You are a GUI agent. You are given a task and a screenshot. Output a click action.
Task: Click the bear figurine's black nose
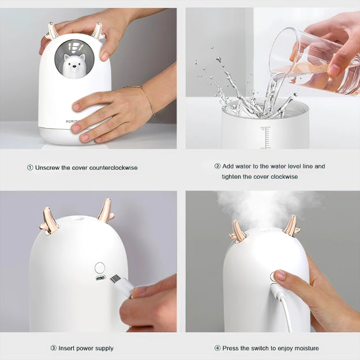point(74,66)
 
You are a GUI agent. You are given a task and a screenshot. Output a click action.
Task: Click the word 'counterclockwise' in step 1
point(114,168)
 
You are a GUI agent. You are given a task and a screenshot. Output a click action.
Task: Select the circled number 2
point(217,166)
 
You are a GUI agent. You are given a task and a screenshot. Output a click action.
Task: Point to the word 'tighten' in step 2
point(231,177)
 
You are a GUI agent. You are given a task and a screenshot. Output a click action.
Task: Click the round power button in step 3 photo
point(100,268)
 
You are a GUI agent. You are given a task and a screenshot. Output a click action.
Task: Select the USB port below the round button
point(100,278)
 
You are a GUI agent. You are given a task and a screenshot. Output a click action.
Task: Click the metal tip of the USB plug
point(115,279)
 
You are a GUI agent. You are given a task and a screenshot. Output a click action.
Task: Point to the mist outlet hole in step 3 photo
point(78,218)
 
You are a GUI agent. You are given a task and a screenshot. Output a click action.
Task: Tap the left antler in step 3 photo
point(48,221)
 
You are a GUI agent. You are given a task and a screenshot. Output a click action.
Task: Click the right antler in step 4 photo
point(291,226)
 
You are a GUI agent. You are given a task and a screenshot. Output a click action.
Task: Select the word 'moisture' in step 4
point(306,348)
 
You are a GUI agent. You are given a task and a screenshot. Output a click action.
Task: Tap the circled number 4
point(217,348)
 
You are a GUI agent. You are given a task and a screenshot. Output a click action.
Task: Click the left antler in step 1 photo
point(51,31)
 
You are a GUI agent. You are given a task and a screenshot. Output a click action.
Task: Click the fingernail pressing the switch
point(279,275)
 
